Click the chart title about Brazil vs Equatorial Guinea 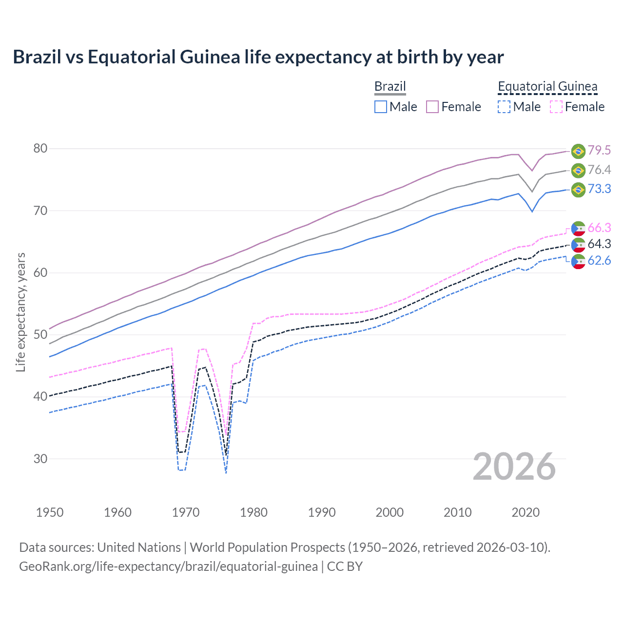tap(258, 57)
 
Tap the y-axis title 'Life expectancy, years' tap(20, 312)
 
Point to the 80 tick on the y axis tap(40, 148)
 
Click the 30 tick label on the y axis tap(40, 459)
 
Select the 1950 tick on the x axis tap(50, 512)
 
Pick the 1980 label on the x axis tap(253, 512)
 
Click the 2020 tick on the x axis tap(526, 512)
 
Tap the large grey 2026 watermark tap(514, 467)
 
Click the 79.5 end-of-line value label tap(599, 151)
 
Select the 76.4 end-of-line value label tap(599, 170)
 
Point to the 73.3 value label tap(599, 189)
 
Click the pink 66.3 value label tap(599, 228)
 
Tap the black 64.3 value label tap(599, 244)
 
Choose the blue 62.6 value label tap(599, 261)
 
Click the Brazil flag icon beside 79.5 tap(578, 151)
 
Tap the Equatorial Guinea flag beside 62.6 tap(578, 261)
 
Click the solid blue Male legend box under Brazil tap(381, 107)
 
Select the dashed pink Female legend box tap(556, 107)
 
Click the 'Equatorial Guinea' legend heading tap(547, 87)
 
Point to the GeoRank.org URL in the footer tap(168, 566)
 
